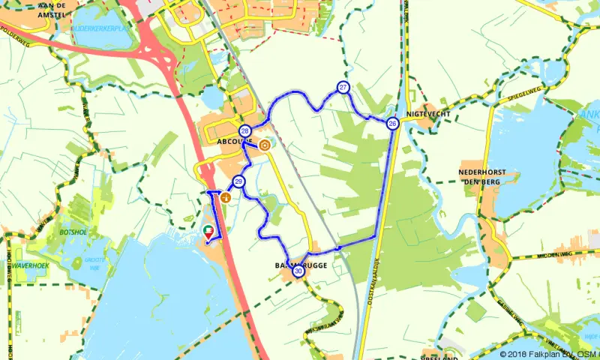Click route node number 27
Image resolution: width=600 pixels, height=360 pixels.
point(343,88)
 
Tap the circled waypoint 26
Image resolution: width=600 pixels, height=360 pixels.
point(392,124)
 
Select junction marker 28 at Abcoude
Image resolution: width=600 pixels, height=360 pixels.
point(244,131)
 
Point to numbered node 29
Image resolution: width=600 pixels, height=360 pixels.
point(238,181)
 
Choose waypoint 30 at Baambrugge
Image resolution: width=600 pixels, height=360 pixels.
point(298,271)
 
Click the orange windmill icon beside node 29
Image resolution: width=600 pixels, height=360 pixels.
point(225,196)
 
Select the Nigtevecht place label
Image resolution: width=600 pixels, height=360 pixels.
point(425,114)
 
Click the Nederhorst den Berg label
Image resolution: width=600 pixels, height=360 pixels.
point(478,175)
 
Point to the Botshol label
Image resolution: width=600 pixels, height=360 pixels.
point(73,232)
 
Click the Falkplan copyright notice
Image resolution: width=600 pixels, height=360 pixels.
point(550,354)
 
